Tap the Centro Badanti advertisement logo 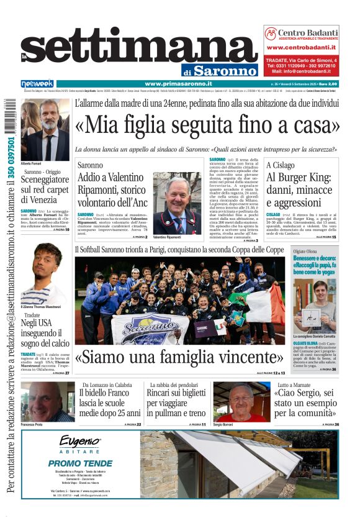(x=301, y=34)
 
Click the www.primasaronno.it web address (x=178, y=84)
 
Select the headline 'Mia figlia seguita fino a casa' (x=207, y=124)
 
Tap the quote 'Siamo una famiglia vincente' (x=179, y=357)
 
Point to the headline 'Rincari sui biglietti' (x=176, y=402)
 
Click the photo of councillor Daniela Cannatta (x=315, y=304)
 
